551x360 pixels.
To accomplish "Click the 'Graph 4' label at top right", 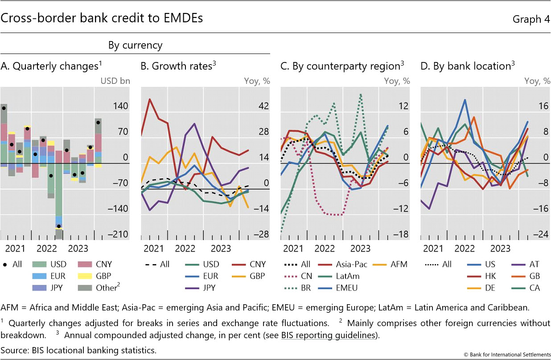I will [531, 19].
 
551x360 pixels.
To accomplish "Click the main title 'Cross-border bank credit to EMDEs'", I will [102, 18].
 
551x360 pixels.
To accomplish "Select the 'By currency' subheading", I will [135, 45].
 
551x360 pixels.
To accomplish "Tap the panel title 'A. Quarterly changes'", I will [51, 66].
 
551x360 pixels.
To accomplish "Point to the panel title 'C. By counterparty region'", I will [342, 66].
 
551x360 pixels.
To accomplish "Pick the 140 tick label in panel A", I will [120, 106].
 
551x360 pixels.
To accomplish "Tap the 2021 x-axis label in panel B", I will [154, 248].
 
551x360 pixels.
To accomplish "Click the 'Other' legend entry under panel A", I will [107, 288].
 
